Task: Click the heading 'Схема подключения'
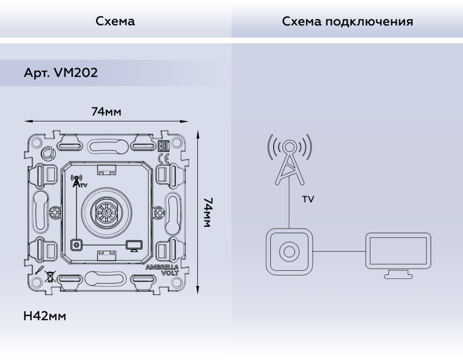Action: pyautogui.click(x=347, y=22)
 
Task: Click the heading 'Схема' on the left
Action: pyautogui.click(x=115, y=22)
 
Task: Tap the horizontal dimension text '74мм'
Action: pyautogui.click(x=106, y=111)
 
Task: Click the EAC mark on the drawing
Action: pyautogui.click(x=163, y=146)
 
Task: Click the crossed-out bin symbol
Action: pyautogui.click(x=50, y=276)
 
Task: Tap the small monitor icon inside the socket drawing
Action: pyautogui.click(x=133, y=246)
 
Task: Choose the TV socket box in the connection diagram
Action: pyautogui.click(x=289, y=251)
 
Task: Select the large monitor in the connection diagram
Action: pyautogui.click(x=398, y=255)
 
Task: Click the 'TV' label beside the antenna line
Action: pyautogui.click(x=308, y=199)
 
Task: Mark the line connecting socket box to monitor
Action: pyautogui.click(x=338, y=251)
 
